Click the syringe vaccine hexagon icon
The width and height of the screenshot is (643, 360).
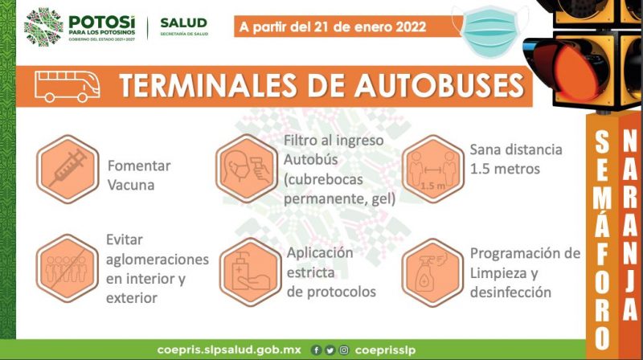click(x=68, y=170)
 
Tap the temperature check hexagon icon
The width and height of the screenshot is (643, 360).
click(x=247, y=169)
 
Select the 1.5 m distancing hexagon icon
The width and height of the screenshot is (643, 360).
click(x=433, y=169)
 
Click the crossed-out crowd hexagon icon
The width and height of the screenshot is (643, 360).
click(x=68, y=268)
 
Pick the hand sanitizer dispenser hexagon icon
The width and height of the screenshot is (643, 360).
click(x=250, y=272)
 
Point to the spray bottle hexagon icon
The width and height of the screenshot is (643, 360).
click(x=432, y=272)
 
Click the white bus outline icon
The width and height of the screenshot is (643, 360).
click(x=68, y=86)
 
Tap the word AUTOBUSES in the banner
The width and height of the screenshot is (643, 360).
click(x=439, y=85)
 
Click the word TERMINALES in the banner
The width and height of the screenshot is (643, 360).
click(x=208, y=85)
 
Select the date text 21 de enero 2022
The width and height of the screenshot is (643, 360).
click(x=370, y=27)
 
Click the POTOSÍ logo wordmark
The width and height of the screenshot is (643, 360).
click(x=102, y=22)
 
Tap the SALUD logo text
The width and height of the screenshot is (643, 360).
click(x=184, y=22)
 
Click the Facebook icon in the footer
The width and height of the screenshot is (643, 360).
click(x=316, y=350)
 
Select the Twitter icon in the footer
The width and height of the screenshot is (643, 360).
click(x=330, y=350)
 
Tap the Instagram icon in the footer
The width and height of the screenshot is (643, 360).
click(x=344, y=350)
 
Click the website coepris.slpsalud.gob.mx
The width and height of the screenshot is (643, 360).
click(x=229, y=350)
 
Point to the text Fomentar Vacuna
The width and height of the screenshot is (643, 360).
click(x=139, y=175)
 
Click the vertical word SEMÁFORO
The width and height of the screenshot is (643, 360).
click(x=602, y=239)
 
